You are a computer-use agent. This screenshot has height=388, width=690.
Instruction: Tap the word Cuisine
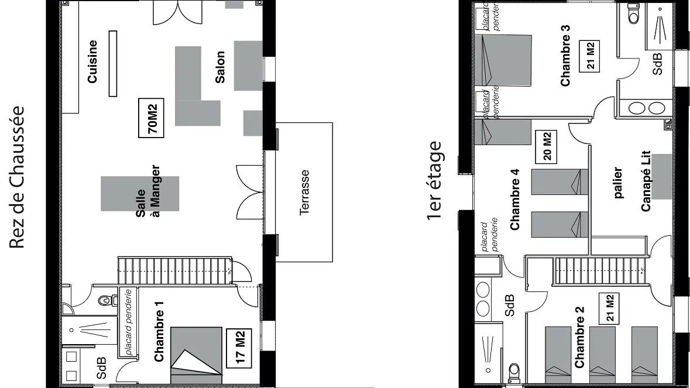click(x=92, y=62)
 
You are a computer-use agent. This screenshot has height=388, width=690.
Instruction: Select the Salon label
click(x=219, y=67)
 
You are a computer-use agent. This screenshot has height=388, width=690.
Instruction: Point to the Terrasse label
click(x=304, y=193)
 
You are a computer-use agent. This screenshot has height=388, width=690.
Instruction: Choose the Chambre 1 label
click(x=158, y=331)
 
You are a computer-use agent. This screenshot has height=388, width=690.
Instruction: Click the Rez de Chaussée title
click(x=18, y=177)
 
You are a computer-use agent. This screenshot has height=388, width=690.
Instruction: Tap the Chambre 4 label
click(x=515, y=199)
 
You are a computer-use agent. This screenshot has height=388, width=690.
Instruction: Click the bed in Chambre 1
click(x=197, y=355)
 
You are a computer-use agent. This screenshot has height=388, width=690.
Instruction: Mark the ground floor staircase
click(x=176, y=270)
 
